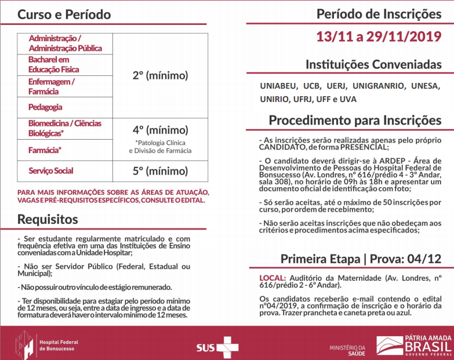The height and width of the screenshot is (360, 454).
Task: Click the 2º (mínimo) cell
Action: tap(160, 76)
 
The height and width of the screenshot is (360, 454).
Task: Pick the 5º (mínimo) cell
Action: tap(160, 171)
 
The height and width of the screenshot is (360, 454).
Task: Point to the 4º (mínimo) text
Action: tap(160, 130)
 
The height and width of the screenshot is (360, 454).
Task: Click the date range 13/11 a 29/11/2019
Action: tap(379, 37)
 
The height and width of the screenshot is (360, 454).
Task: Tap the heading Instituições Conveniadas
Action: tap(373, 64)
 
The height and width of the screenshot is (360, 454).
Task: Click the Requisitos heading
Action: tap(48, 219)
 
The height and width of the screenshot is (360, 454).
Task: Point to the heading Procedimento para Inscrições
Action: tap(355, 120)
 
